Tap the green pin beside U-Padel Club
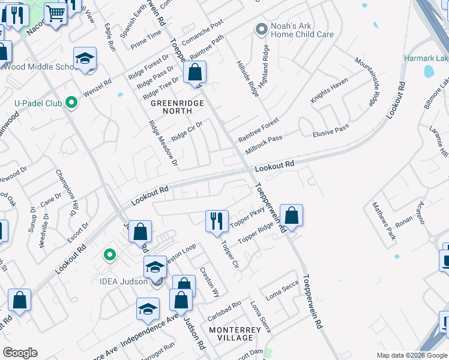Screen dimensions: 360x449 coord(72,103)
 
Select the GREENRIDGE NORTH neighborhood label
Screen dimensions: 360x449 coord(177,107)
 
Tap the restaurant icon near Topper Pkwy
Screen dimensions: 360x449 coord(217,221)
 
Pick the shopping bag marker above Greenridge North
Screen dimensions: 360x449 coord(195,74)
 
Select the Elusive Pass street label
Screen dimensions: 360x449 coord(331,130)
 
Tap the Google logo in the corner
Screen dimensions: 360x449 coord(20,353)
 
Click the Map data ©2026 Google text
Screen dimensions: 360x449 coord(411,355)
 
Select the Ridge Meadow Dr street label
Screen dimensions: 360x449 coord(163,142)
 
